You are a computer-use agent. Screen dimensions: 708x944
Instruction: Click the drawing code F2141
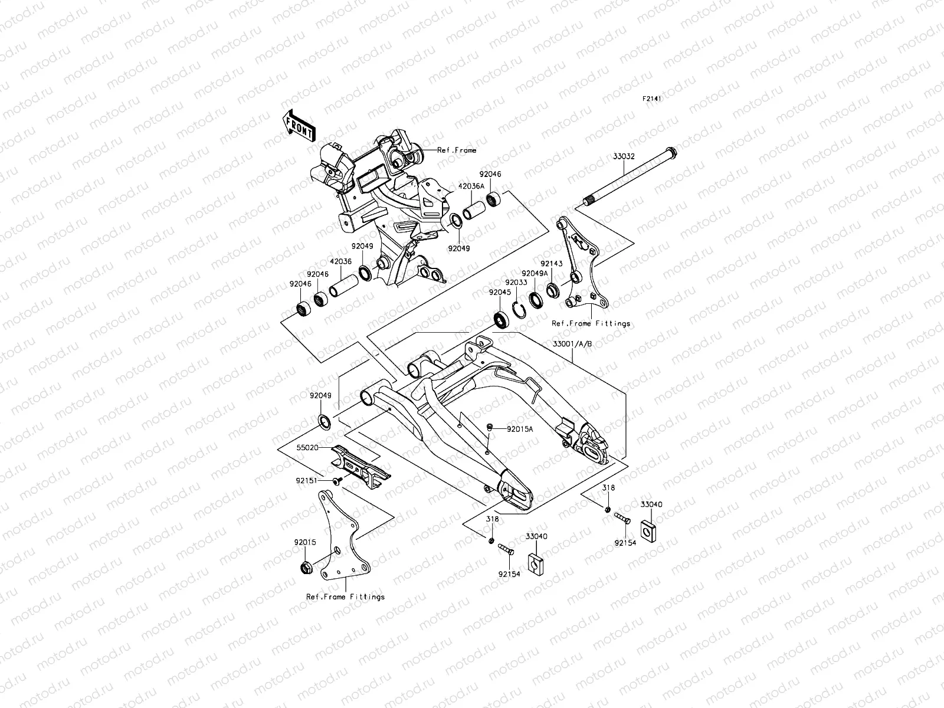652,99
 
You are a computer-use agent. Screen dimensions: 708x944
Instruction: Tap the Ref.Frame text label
456,150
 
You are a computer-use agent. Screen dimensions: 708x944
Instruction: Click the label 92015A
520,429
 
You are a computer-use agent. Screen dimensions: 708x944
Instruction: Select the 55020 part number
307,448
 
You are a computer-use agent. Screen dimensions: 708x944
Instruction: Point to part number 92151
307,481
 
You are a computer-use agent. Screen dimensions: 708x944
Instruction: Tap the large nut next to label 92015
306,568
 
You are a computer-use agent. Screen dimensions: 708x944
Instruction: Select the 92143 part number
552,265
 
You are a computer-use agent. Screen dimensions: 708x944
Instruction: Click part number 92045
499,292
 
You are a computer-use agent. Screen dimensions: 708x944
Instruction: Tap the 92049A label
535,274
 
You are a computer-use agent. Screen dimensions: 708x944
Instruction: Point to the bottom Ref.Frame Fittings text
346,596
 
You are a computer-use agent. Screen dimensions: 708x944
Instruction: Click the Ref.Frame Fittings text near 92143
591,323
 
